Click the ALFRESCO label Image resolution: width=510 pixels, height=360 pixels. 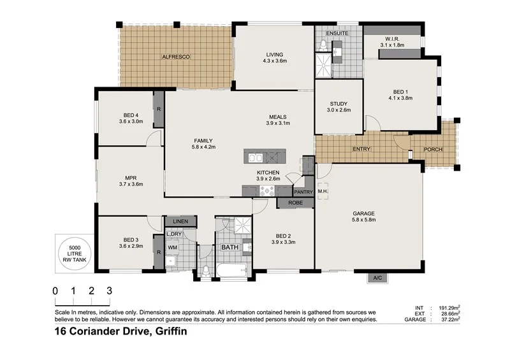point(176,57)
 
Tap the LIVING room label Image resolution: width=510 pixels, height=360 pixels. point(275,54)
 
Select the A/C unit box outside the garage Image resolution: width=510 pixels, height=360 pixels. point(378,278)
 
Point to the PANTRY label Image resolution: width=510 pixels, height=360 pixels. point(302,191)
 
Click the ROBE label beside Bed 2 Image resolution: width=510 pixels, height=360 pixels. point(296,203)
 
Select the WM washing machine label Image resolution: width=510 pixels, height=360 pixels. point(173,248)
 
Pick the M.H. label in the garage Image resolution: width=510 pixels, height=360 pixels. point(323,191)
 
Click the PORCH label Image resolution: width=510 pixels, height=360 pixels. point(433,150)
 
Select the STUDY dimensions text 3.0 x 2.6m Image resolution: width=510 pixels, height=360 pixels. point(339,110)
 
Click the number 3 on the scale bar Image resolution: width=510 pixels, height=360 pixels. point(110,291)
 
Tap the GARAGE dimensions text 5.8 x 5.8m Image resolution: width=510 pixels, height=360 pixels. point(364,220)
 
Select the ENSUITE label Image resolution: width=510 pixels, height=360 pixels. point(337,32)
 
